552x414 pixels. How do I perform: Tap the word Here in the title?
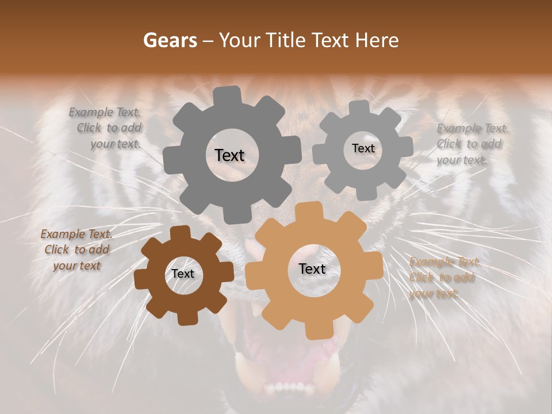[377, 40]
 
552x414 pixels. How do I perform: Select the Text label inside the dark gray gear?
[229, 155]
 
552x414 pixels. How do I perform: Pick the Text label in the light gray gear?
[363, 148]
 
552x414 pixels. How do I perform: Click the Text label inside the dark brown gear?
[183, 274]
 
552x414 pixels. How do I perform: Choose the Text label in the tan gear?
[312, 269]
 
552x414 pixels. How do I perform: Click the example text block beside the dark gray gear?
[106, 128]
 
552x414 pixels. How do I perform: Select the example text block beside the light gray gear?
[471, 144]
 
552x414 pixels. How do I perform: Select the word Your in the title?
[240, 40]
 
